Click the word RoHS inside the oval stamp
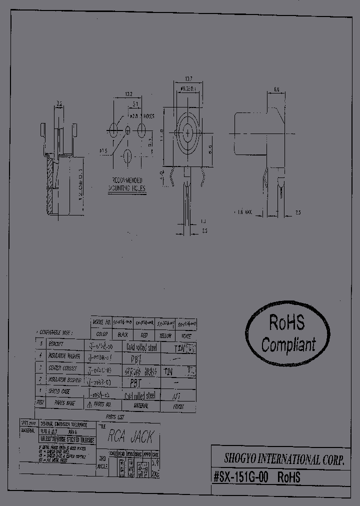[x=286, y=323]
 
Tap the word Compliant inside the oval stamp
[x=288, y=344]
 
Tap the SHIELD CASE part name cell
[x=59, y=391]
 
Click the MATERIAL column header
[x=139, y=405]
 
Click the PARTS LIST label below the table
[x=115, y=416]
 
